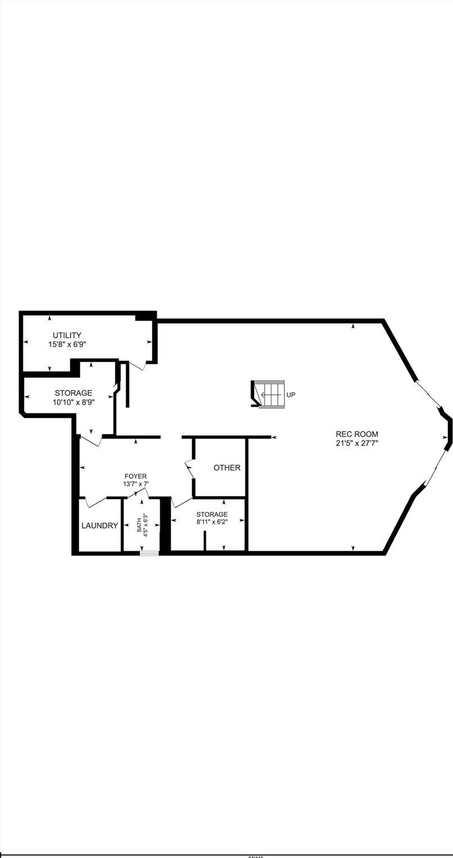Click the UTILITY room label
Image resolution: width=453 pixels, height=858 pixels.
click(67, 335)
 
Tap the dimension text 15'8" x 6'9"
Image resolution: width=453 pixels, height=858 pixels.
click(67, 344)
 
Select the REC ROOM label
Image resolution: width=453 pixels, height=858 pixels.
click(357, 434)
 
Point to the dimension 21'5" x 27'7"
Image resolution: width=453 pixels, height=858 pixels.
click(357, 443)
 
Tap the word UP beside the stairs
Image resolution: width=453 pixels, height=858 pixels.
click(291, 395)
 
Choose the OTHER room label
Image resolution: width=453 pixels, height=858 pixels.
click(227, 467)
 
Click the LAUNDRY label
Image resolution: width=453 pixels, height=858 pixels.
click(99, 526)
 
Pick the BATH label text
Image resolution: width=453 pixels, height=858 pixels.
click(139, 524)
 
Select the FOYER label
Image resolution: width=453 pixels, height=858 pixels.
click(135, 476)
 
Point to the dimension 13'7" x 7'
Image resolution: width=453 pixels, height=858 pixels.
click(135, 484)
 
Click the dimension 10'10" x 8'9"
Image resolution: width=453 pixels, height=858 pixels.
click(74, 402)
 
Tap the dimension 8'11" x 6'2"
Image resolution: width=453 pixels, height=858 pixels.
click(212, 522)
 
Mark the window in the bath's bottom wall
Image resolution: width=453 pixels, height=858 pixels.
click(150, 553)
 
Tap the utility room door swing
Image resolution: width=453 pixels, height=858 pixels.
click(138, 365)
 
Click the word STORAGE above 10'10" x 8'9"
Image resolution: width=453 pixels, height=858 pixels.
click(74, 393)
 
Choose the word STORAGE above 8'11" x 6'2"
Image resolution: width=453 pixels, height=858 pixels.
click(212, 514)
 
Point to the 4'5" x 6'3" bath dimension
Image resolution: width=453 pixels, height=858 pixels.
click(146, 524)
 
